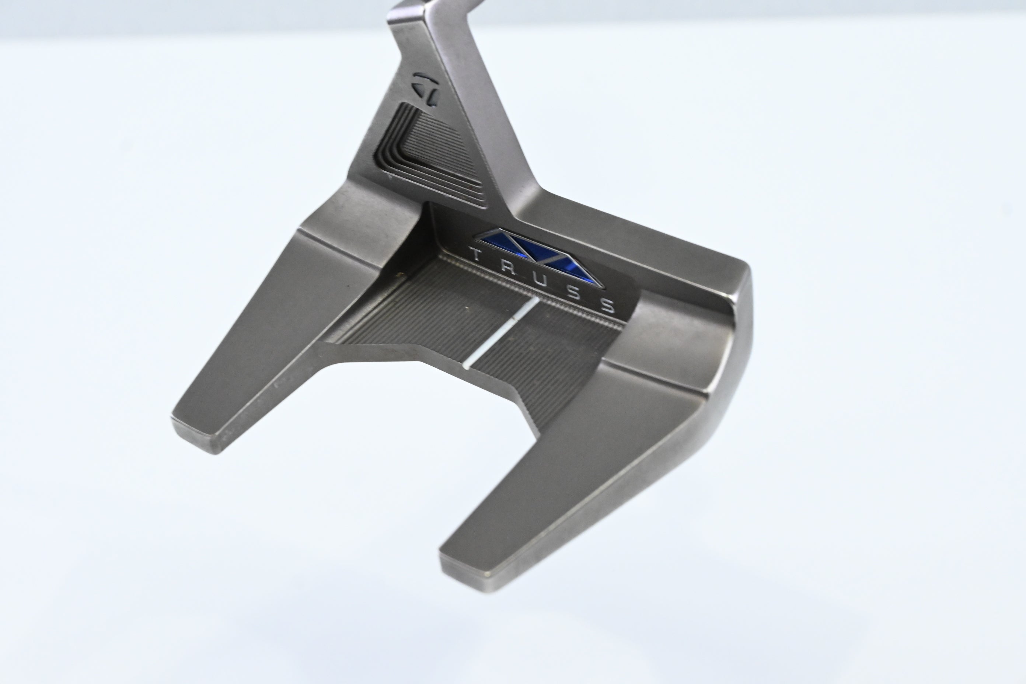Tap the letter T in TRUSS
pyautogui.click(x=475, y=254)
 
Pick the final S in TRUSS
pyautogui.click(x=610, y=307)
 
